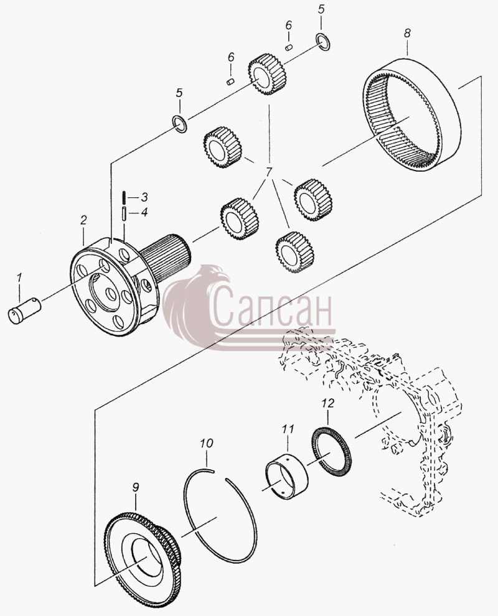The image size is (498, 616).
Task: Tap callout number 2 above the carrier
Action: pyautogui.click(x=83, y=220)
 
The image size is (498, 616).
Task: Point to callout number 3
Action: pyautogui.click(x=144, y=197)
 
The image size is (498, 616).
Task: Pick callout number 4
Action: pyautogui.click(x=144, y=213)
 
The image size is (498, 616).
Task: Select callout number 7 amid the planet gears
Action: pyautogui.click(x=269, y=173)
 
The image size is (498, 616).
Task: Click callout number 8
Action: pyautogui.click(x=407, y=33)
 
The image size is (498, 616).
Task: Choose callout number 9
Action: pyautogui.click(x=135, y=488)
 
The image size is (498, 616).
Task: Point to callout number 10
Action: pyautogui.click(x=206, y=443)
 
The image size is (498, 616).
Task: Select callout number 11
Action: pyautogui.click(x=288, y=429)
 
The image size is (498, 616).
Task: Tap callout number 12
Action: pyautogui.click(x=327, y=403)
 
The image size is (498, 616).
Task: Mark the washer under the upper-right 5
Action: pyautogui.click(x=323, y=42)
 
